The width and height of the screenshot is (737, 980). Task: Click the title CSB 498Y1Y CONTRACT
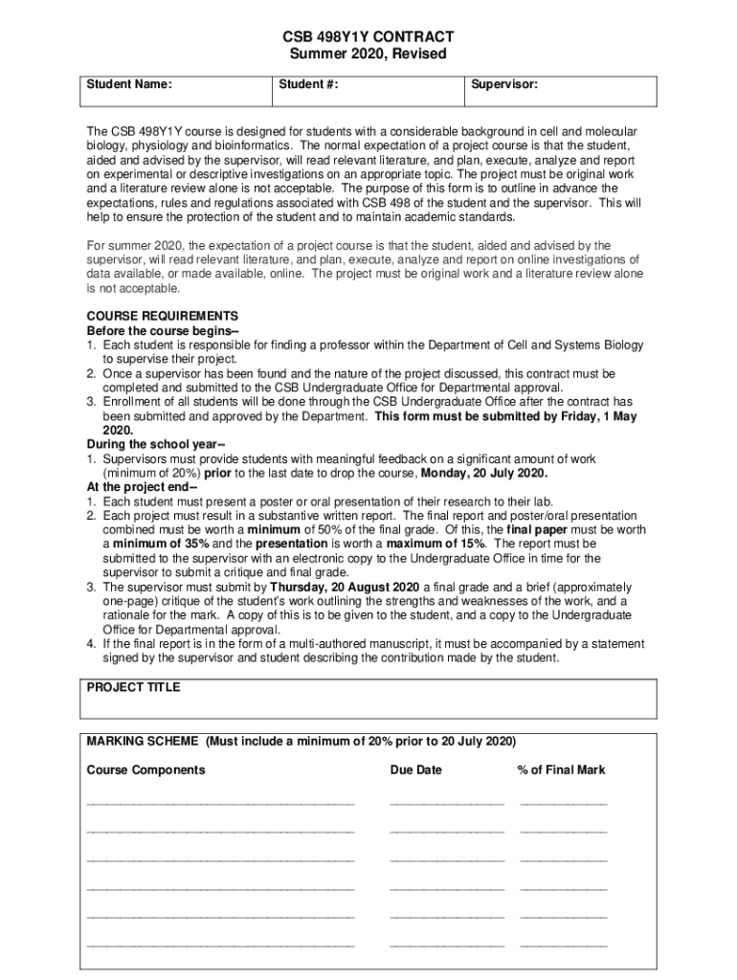(368, 35)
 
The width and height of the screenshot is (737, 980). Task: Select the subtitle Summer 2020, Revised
(368, 54)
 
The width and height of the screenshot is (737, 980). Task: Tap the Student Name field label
(129, 85)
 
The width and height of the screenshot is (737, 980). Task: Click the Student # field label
(308, 85)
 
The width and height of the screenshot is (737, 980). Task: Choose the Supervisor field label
(502, 85)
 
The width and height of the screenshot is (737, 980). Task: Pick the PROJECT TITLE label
(133, 687)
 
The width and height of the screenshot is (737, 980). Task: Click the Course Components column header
(145, 769)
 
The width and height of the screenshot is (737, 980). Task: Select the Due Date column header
(415, 769)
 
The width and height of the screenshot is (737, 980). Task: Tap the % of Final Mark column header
(561, 769)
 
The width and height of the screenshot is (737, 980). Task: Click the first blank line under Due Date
(446, 802)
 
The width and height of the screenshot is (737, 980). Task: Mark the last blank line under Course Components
(220, 944)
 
